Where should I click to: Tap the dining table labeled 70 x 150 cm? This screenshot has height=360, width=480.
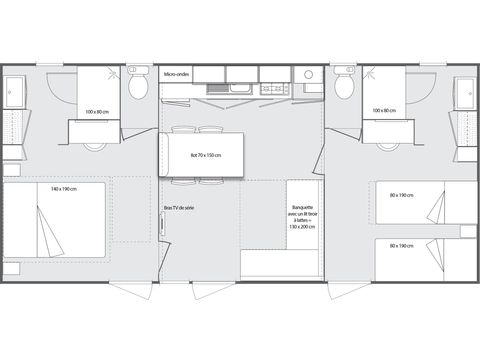click(x=205, y=154)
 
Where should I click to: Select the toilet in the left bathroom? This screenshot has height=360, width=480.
click(x=139, y=89)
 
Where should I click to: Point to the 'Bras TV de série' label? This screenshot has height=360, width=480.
click(x=179, y=208)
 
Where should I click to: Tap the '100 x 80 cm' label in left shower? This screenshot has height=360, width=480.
click(x=97, y=111)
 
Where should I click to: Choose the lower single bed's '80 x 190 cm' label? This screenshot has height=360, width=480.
click(x=400, y=246)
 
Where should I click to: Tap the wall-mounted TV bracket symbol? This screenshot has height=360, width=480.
click(x=162, y=225)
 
